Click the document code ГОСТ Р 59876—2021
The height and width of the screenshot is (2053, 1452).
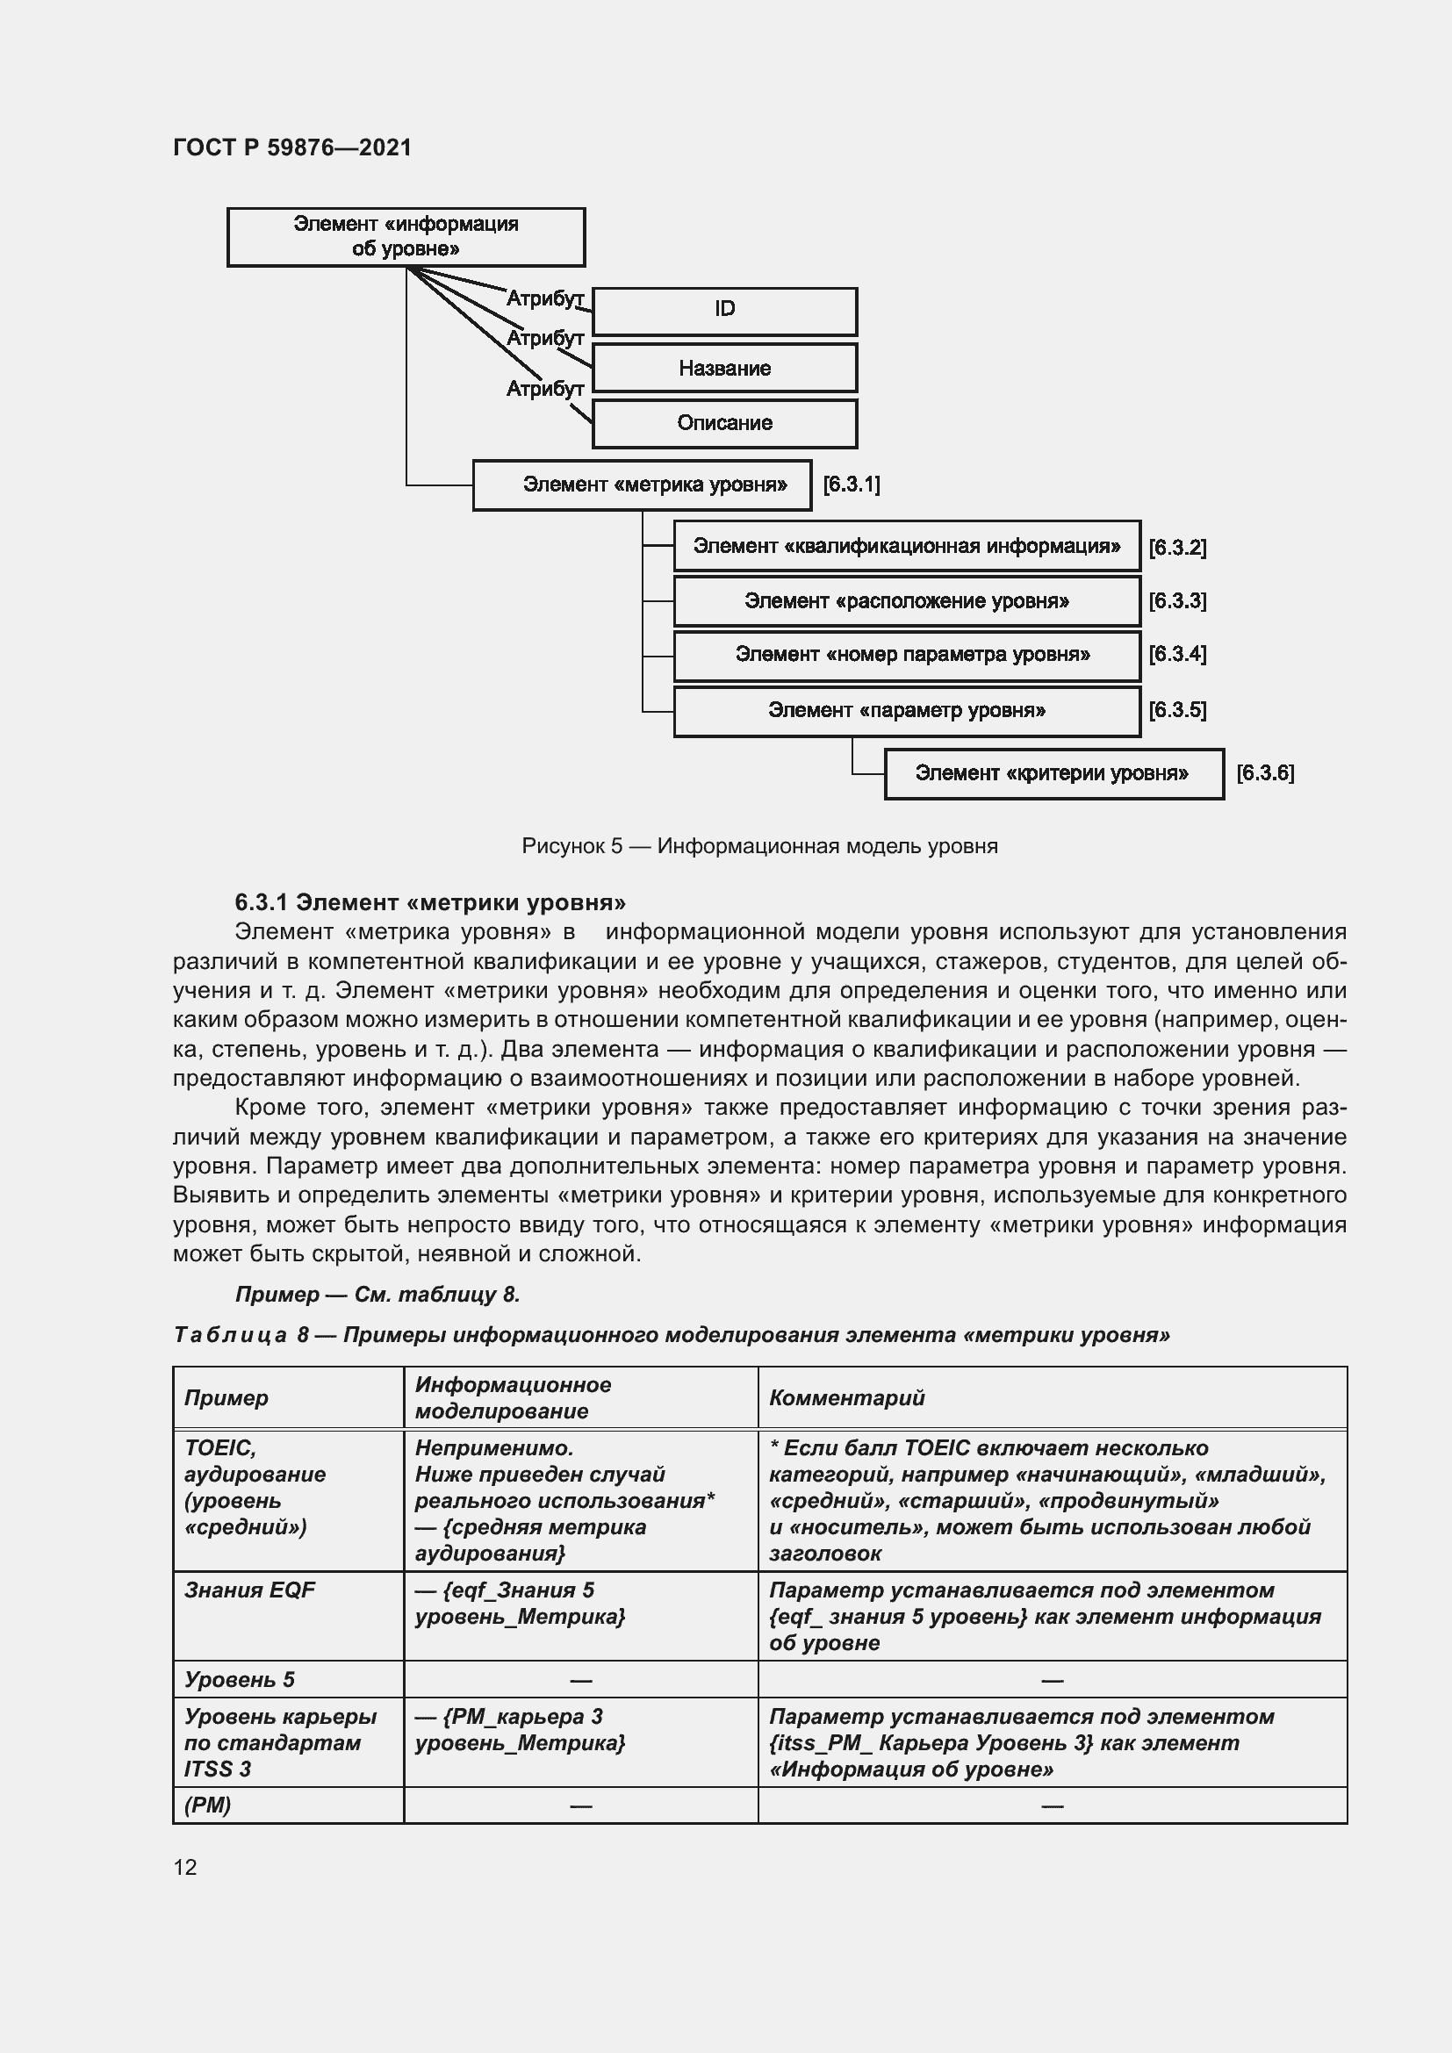click(x=292, y=147)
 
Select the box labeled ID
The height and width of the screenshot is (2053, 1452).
click(x=724, y=309)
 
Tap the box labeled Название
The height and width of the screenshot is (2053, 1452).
click(x=724, y=369)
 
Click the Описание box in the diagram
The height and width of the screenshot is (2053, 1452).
click(x=724, y=423)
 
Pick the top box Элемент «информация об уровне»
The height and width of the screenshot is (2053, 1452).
click(x=406, y=237)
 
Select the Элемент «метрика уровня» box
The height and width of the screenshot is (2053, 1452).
click(x=642, y=485)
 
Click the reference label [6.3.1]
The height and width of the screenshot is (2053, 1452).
click(x=852, y=485)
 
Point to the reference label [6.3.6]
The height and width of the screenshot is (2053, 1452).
click(x=1264, y=773)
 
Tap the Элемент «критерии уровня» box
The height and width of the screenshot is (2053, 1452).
click(x=1053, y=773)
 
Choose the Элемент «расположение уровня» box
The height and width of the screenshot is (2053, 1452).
click(x=907, y=602)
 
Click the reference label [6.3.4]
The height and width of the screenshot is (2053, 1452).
click(x=1176, y=655)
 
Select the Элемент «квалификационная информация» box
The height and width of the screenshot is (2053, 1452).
click(x=907, y=546)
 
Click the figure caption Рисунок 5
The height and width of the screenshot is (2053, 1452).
click(x=759, y=846)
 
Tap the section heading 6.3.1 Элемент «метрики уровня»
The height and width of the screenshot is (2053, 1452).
click(x=430, y=901)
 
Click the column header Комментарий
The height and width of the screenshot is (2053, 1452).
click(x=846, y=1397)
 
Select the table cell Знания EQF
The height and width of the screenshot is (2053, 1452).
click(x=249, y=1590)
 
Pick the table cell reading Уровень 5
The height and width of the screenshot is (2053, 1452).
click(x=240, y=1679)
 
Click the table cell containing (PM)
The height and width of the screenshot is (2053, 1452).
click(x=208, y=1805)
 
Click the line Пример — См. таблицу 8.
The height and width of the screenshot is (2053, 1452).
click(x=377, y=1294)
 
